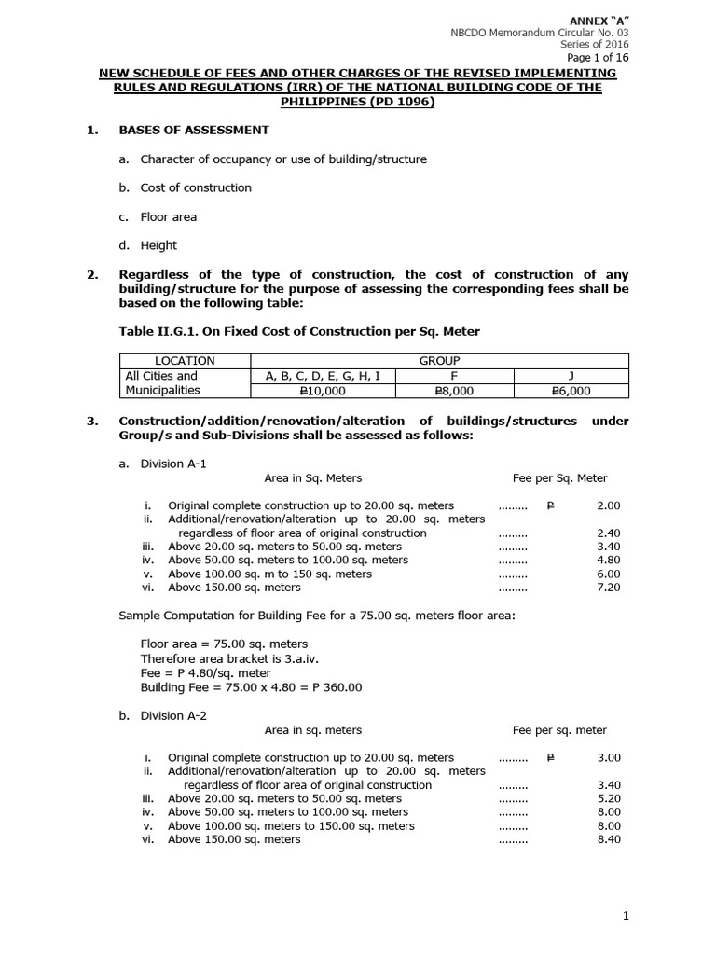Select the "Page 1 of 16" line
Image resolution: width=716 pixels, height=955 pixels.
(596, 58)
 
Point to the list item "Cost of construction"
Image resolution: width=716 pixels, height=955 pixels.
(196, 187)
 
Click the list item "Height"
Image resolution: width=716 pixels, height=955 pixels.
(158, 245)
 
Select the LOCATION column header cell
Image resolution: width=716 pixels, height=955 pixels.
(185, 361)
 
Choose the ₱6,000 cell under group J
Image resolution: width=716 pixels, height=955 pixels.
(571, 391)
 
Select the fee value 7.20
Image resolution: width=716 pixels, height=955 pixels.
(608, 588)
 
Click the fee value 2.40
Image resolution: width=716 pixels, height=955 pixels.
(608, 533)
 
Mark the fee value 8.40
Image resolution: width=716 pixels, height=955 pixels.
(608, 839)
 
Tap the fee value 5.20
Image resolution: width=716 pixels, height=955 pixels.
(608, 799)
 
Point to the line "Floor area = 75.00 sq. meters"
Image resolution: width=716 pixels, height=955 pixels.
(224, 644)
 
